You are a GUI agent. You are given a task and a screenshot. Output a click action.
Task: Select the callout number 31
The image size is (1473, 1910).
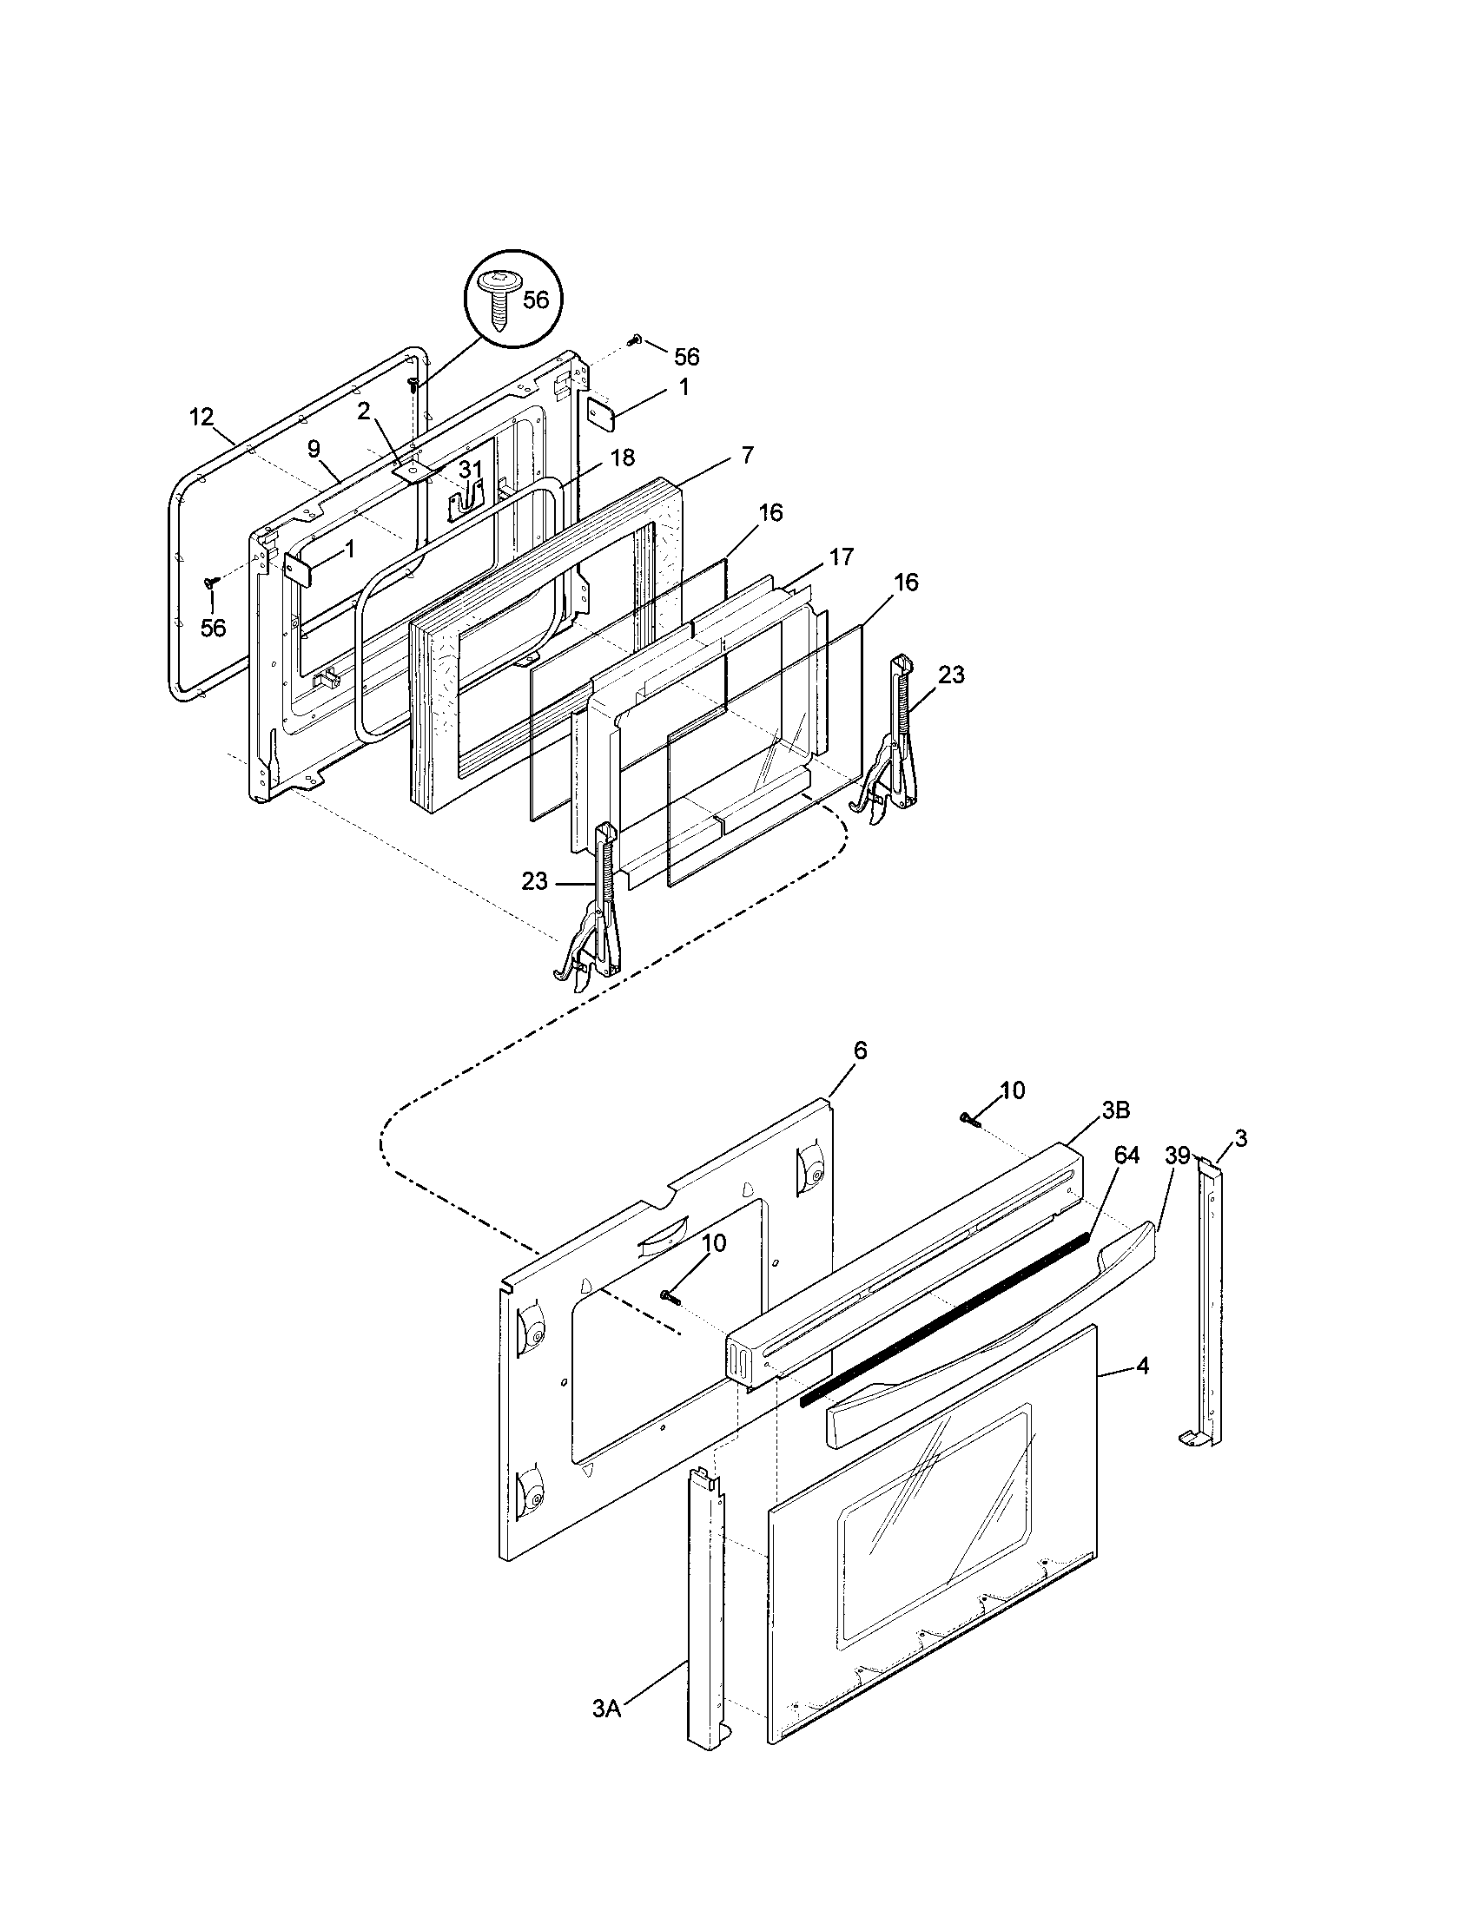(471, 471)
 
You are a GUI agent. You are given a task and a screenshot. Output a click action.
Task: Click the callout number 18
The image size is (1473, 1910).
(623, 458)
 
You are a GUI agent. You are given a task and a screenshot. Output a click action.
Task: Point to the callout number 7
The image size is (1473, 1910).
(746, 455)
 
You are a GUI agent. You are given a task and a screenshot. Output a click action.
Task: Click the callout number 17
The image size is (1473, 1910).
(841, 557)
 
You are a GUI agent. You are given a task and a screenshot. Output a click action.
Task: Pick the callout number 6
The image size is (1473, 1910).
(861, 1051)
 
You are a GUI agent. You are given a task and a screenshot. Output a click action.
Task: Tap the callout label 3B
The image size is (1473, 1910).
(1115, 1110)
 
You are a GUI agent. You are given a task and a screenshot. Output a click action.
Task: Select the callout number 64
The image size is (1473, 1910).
(1126, 1156)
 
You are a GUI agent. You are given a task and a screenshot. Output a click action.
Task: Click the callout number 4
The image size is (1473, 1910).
(1142, 1366)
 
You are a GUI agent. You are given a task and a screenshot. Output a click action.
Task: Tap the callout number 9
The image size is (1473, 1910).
(314, 449)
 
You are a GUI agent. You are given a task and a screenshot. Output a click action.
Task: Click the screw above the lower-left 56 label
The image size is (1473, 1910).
(210, 582)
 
